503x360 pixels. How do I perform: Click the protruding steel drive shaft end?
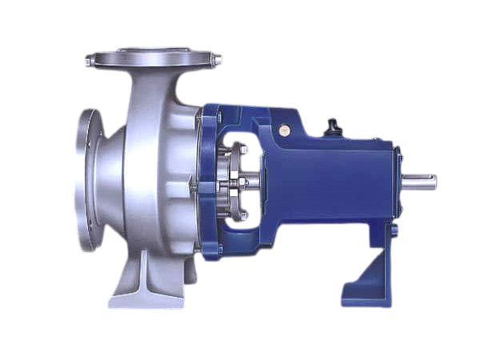(421, 182)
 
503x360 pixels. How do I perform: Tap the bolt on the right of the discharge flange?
(216, 59)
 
